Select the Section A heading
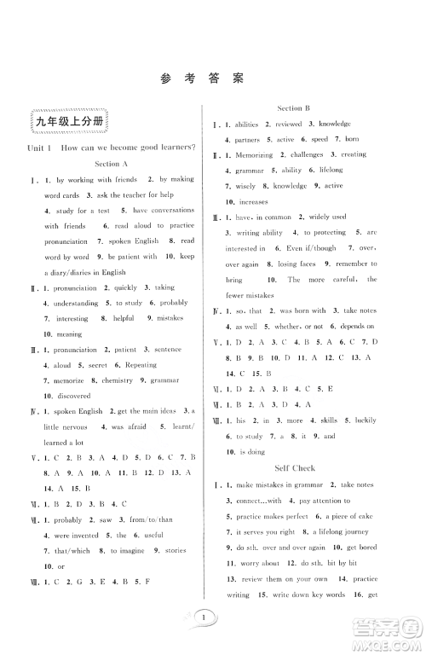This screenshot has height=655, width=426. [x=112, y=164]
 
